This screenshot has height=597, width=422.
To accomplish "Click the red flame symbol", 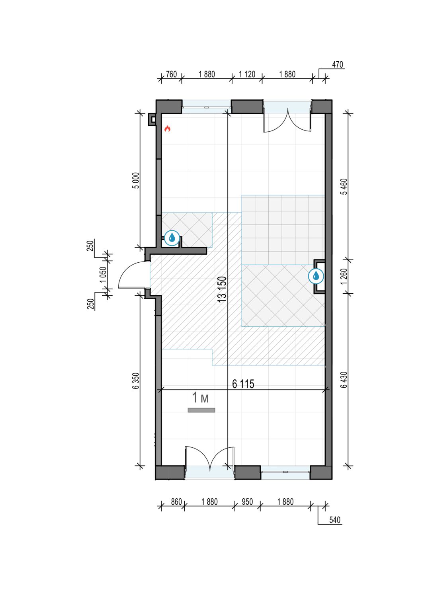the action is coord(167,129).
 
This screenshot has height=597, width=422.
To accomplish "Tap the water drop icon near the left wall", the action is coord(172,238).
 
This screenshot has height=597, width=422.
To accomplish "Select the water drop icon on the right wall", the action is coord(316,276).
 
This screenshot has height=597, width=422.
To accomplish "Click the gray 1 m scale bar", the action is coord(201,410).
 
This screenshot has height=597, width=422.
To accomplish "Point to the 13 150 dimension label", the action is coord(222,289).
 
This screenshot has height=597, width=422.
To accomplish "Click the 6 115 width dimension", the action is coord(243,384).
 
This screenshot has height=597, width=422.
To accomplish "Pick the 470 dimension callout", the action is coord(337,64).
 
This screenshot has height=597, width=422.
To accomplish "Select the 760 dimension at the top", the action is coord(171,74).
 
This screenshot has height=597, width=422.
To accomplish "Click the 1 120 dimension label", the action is coord(247,74).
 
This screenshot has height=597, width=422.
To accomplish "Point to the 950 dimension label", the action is coord(247,502).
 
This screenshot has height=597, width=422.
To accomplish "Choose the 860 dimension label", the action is coord(176,502).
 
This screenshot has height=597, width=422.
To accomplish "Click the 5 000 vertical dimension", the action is coord(136,180).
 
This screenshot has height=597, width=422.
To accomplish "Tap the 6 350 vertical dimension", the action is coord(136,380).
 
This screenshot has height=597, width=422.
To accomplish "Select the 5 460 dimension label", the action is coord(344,187).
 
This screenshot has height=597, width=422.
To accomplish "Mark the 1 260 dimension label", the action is coord(344,276).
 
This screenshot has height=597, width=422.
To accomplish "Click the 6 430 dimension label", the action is coord(344,380).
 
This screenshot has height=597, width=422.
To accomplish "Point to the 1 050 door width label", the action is coord(103,275).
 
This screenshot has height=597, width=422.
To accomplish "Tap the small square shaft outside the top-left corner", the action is coord(152,119).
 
